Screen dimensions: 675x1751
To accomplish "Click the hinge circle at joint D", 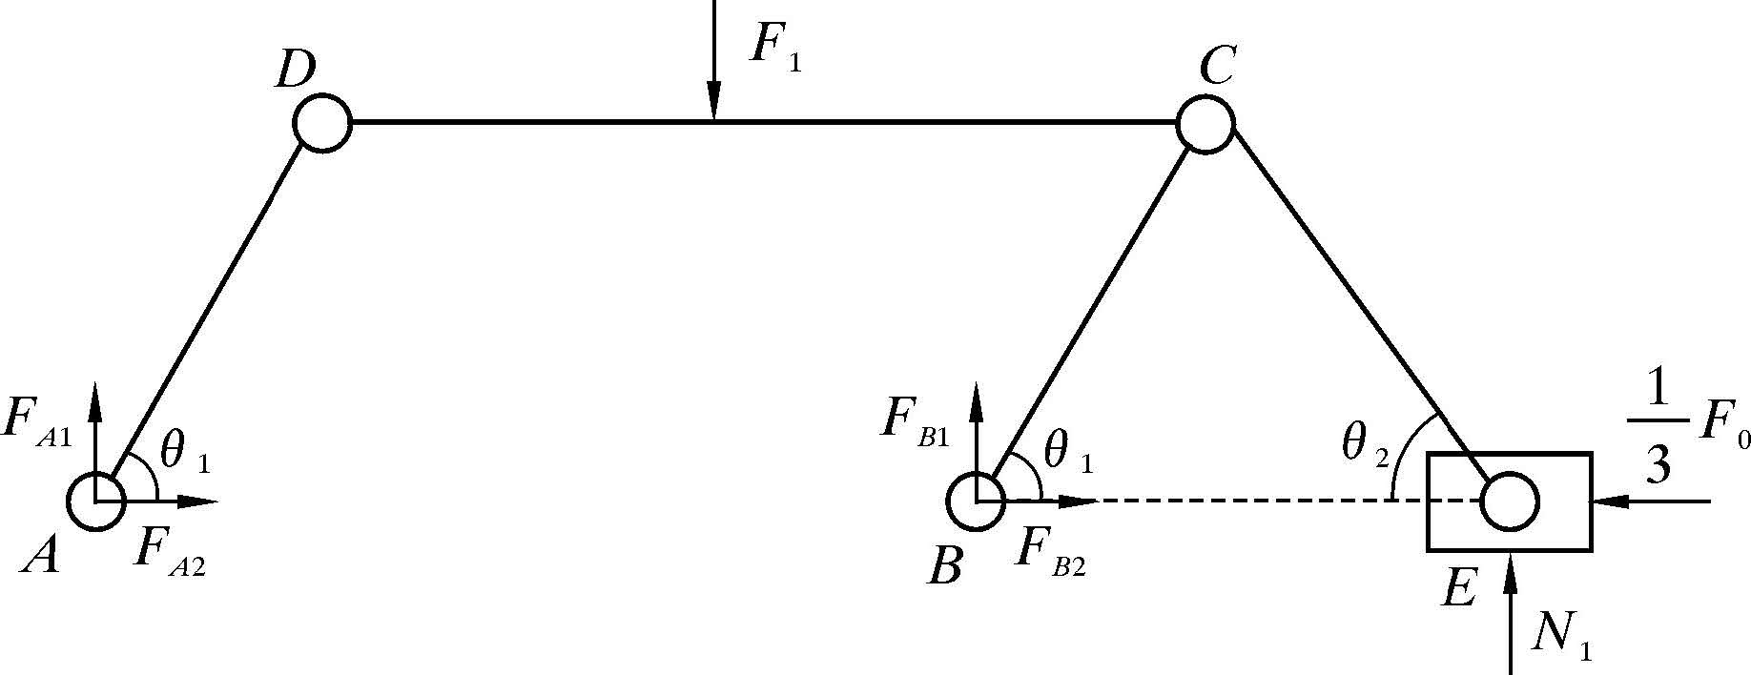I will (x=322, y=123).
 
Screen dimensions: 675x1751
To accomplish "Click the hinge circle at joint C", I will (x=1205, y=123).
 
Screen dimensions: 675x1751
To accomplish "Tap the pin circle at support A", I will (x=95, y=501).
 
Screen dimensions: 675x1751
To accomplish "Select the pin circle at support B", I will (x=977, y=501).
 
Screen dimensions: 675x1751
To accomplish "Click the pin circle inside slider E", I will (x=1510, y=501).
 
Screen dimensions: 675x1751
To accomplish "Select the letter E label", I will (x=1459, y=588).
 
